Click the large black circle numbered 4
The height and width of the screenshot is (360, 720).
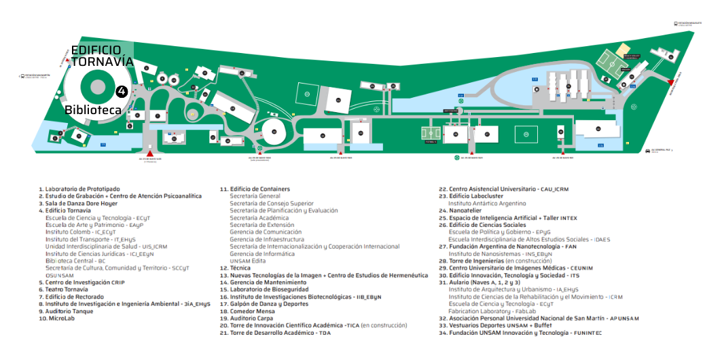[x=122, y=90]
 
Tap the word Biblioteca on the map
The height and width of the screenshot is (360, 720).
[x=93, y=109]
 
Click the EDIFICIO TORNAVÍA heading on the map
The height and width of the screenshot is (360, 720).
[x=102, y=56]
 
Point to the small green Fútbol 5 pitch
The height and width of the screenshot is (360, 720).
[x=431, y=131]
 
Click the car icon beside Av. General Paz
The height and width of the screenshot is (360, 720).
[x=647, y=150]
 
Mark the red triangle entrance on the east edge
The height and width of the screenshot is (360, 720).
[x=670, y=82]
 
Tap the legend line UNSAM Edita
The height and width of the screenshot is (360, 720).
[x=248, y=261]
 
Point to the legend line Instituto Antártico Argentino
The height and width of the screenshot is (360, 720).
[x=487, y=203]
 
